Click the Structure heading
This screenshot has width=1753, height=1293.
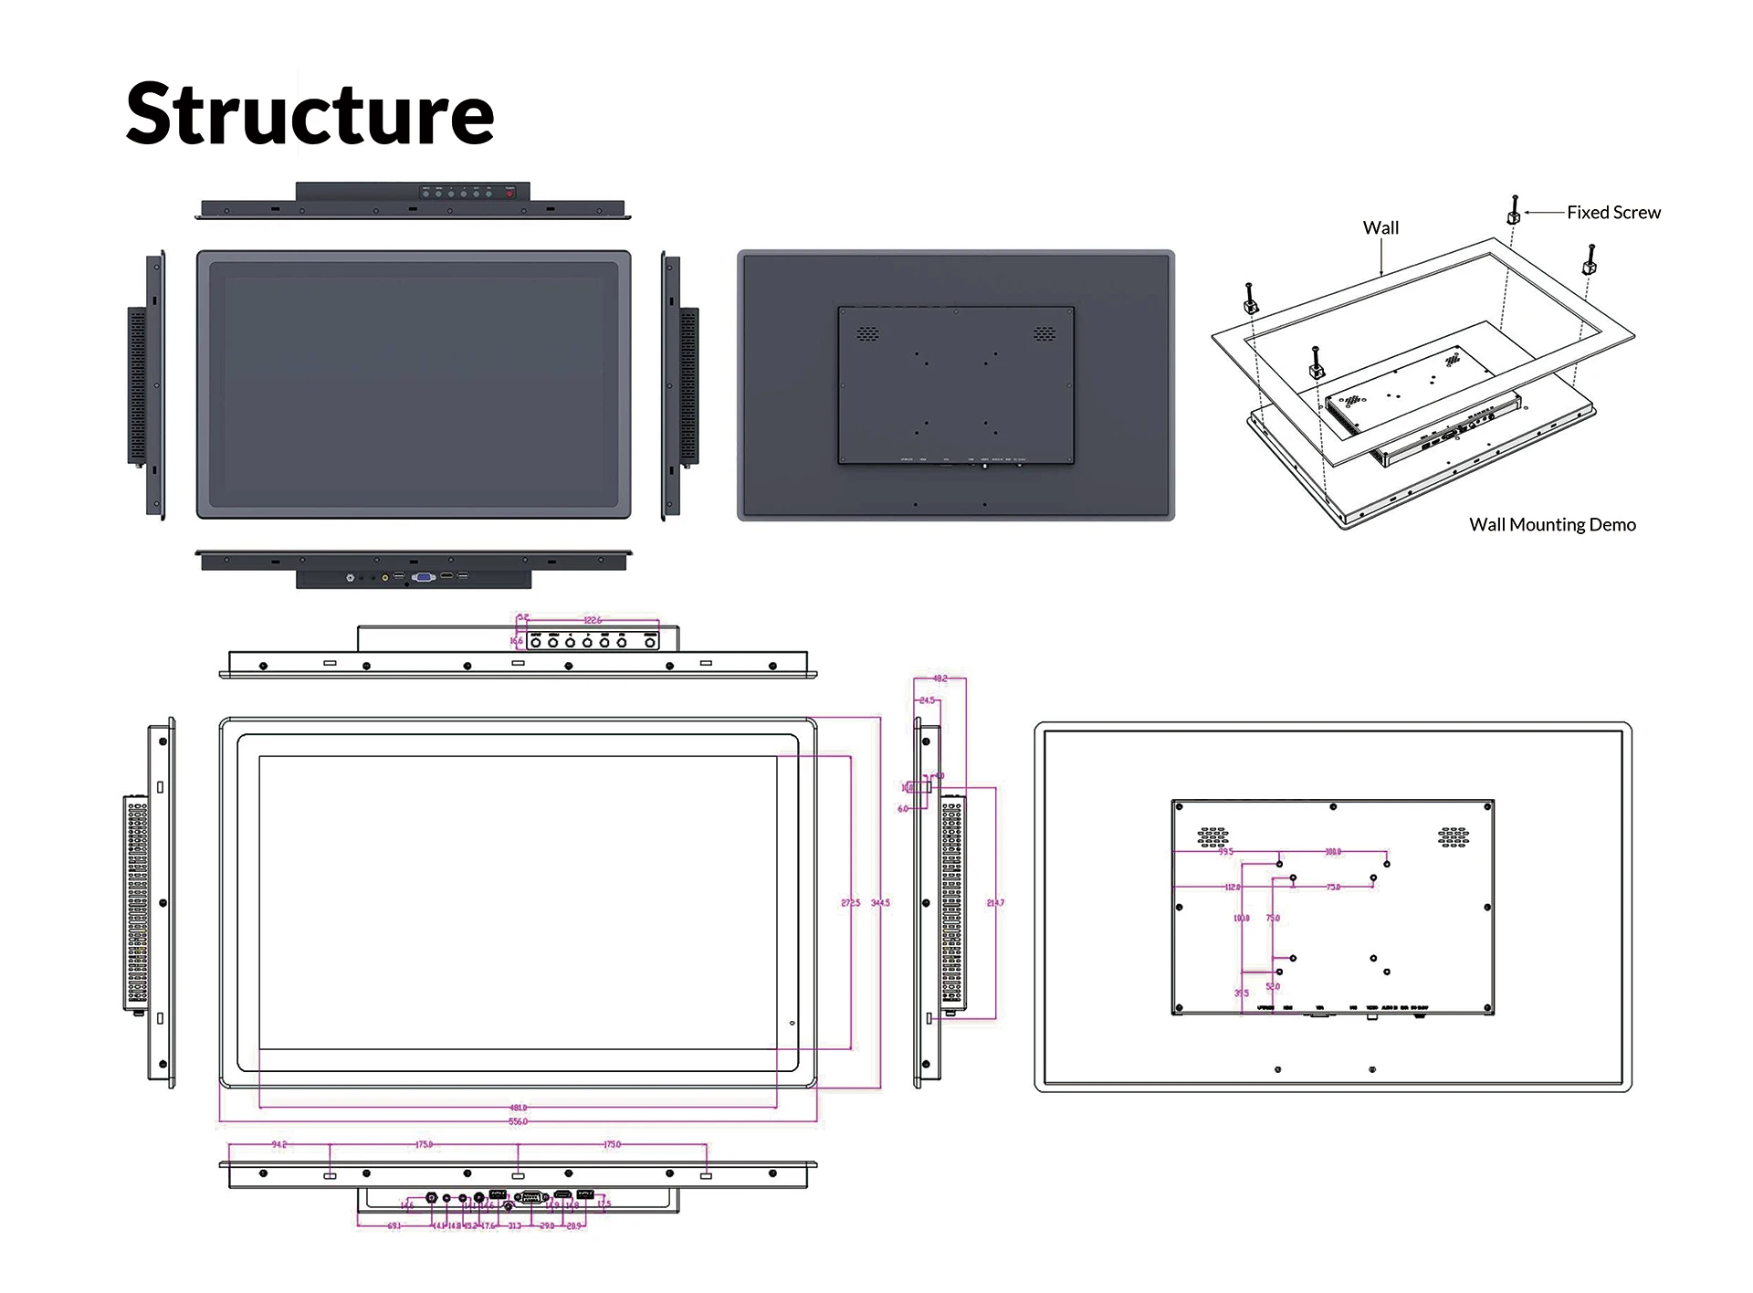click(310, 114)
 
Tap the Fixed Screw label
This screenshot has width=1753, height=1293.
click(1613, 213)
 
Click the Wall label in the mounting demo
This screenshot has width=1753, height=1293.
click(1380, 228)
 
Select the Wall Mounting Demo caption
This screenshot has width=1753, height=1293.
click(1552, 525)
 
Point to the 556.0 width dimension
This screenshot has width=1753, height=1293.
click(518, 1121)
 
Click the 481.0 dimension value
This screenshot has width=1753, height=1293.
click(518, 1108)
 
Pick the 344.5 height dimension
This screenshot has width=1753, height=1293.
click(880, 903)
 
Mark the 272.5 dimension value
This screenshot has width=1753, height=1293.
click(850, 903)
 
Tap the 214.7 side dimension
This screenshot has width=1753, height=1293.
click(995, 903)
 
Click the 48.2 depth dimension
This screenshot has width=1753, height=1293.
click(940, 678)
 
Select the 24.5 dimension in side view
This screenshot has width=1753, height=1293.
click(927, 700)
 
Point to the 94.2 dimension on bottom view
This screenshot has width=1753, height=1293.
click(279, 1144)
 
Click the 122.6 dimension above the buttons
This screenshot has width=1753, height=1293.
click(593, 620)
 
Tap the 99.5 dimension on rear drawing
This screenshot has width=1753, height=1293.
click(1225, 852)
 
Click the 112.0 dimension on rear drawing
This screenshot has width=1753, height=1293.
click(1233, 887)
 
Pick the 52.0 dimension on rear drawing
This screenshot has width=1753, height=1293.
click(1273, 986)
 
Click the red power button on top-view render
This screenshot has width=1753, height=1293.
click(509, 194)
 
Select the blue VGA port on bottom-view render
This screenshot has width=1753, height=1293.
click(423, 577)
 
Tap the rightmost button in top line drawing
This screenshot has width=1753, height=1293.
click(651, 643)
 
